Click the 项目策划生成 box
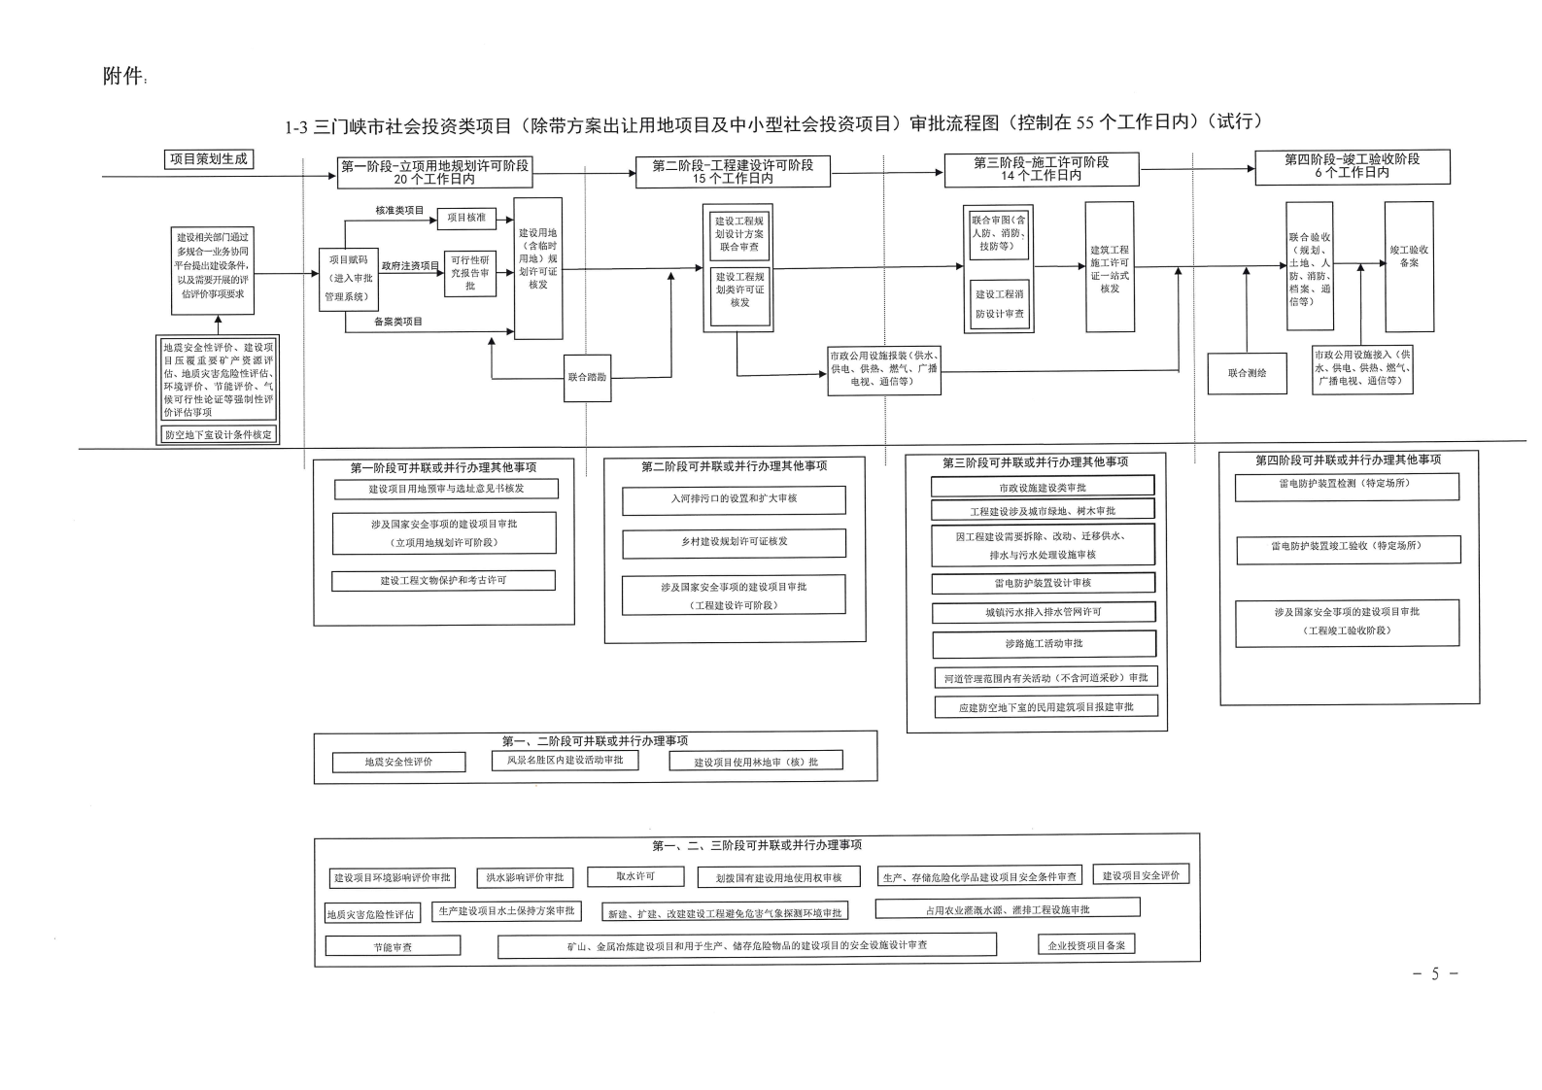(x=208, y=159)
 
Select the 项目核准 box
(x=466, y=219)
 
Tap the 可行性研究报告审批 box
(x=470, y=273)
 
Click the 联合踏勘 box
(x=587, y=377)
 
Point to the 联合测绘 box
(x=1247, y=373)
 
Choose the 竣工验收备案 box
(x=1408, y=266)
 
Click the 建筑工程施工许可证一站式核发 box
(x=1109, y=267)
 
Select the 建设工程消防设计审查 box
(x=999, y=303)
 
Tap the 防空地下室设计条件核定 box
(x=219, y=434)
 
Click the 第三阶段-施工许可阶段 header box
(x=1041, y=169)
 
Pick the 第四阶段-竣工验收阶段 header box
(x=1352, y=166)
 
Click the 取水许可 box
(x=635, y=876)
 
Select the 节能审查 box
(x=393, y=946)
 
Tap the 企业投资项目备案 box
(x=1086, y=944)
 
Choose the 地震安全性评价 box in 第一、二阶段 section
(x=398, y=762)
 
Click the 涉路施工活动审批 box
(x=1044, y=643)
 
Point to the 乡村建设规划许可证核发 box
(x=734, y=542)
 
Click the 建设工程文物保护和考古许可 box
(x=443, y=580)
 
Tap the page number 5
(x=1434, y=973)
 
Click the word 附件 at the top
(x=122, y=77)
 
